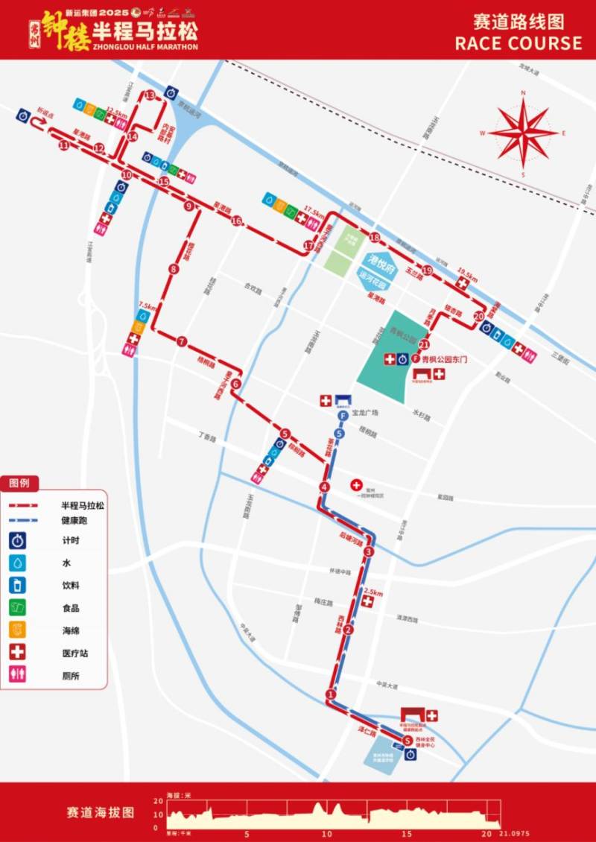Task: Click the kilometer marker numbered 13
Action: [150, 95]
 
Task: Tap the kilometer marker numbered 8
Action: [174, 270]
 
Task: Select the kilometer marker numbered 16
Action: [236, 221]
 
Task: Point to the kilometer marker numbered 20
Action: [478, 315]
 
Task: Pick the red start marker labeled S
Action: [407, 740]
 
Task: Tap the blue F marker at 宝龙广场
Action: [342, 415]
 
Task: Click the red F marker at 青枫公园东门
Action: [415, 359]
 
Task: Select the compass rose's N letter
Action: [524, 93]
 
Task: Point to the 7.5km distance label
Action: [147, 306]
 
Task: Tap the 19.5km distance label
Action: [466, 271]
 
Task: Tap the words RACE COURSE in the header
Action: [519, 43]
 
